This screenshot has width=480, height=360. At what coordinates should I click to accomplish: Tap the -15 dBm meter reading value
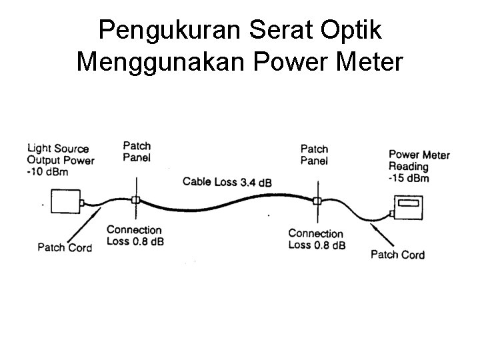coord(409,177)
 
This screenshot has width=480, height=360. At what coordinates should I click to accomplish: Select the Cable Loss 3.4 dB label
coord(227,181)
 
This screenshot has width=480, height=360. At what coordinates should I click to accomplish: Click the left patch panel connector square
coord(135,200)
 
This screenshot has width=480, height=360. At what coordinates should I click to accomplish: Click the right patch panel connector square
coord(317,199)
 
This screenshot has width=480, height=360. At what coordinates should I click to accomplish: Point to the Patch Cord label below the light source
coord(64,247)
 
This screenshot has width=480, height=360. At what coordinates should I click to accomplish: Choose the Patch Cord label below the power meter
coord(397,254)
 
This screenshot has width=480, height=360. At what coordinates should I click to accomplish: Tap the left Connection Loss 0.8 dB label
coord(135,235)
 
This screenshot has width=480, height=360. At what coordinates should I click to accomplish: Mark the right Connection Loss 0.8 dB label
coord(317,239)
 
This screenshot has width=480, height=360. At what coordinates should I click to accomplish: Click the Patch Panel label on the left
coord(137,151)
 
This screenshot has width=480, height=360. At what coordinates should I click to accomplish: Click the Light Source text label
coord(58,149)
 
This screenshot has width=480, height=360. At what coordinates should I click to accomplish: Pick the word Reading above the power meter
coord(409,167)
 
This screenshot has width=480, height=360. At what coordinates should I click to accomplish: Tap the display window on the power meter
coord(407,203)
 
